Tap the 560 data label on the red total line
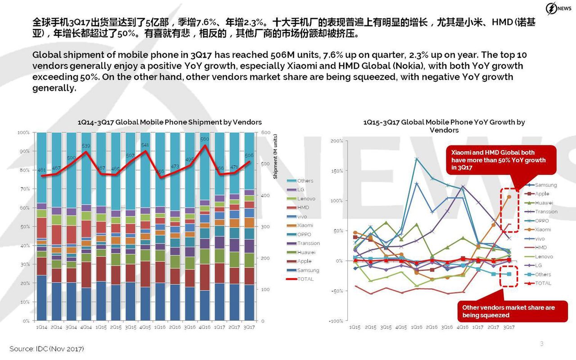click(205, 139)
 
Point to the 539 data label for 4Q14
click(85, 146)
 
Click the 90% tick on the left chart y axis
click(23, 151)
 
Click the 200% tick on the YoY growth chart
click(337, 141)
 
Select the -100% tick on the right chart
click(336, 321)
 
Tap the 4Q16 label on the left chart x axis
click(205, 328)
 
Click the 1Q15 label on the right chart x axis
click(355, 327)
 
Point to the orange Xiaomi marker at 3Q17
click(509, 197)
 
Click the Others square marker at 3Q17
click(509, 274)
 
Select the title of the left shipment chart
click(170, 122)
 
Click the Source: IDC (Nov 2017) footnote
click(47, 349)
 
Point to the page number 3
click(542, 344)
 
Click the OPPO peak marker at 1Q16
click(417, 158)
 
